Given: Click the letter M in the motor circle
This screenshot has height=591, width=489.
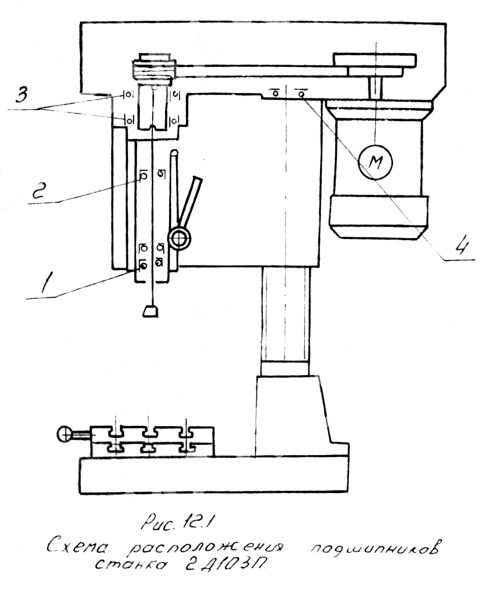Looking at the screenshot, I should (x=376, y=162).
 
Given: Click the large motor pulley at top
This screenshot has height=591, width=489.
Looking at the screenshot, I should (x=374, y=60).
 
